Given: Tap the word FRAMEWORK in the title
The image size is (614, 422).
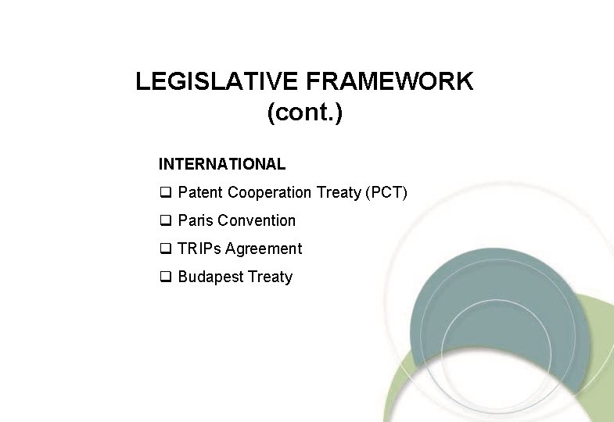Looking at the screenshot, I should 390,81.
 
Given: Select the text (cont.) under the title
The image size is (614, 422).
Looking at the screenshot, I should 305,113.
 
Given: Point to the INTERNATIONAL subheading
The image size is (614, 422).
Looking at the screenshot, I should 222,164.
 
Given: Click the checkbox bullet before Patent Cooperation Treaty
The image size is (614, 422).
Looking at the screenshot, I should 165,193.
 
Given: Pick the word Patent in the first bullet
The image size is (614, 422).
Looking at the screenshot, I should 200,192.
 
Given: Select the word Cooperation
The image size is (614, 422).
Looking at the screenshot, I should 270,192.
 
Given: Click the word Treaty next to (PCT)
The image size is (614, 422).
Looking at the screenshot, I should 339,192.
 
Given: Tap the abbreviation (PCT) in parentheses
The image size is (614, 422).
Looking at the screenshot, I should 386,192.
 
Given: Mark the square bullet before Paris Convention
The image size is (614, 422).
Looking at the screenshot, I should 165,221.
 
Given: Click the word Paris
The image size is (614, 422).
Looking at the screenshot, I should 196,220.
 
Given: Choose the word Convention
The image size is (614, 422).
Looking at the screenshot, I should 257,220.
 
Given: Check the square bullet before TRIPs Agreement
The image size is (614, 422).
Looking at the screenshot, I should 165,249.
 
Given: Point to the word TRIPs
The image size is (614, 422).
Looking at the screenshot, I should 199,249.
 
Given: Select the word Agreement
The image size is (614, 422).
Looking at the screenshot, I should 264,249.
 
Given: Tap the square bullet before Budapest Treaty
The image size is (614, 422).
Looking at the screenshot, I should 165,277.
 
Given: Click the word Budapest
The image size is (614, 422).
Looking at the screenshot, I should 210,277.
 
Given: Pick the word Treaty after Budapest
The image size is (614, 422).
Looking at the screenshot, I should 270,277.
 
